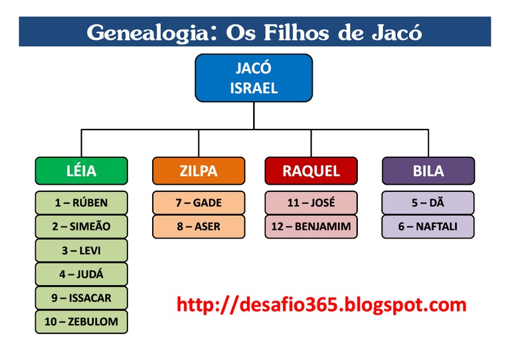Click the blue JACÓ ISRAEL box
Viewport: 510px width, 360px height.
[x=254, y=78]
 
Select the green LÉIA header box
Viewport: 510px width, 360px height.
[x=81, y=171]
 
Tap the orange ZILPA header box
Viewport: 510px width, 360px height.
[x=198, y=171]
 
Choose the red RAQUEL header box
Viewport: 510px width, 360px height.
[x=311, y=171]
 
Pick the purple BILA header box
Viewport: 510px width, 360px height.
[x=428, y=171]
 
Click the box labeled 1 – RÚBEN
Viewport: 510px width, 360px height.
[x=81, y=203]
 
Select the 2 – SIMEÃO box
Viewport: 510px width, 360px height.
[x=81, y=226]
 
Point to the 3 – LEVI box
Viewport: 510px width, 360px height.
[x=81, y=250]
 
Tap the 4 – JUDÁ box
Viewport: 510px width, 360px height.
[x=81, y=274]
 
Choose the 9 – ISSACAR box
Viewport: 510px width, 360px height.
[x=81, y=298]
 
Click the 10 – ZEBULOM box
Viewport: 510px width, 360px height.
[x=81, y=322]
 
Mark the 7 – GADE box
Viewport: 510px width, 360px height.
[x=198, y=203]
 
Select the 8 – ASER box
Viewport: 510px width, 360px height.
[x=198, y=226]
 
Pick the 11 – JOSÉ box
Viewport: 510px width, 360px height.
[x=311, y=203]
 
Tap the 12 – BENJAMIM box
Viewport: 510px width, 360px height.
[x=311, y=226]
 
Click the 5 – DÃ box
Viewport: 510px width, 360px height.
[x=428, y=203]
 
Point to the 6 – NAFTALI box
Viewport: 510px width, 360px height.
[x=428, y=226]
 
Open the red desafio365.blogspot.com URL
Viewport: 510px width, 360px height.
[x=321, y=305]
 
